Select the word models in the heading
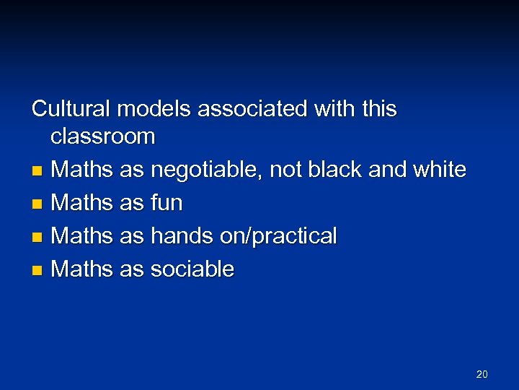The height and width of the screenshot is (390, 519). tap(154, 109)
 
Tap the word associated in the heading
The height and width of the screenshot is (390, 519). tap(252, 109)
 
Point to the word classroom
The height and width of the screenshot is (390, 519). tap(103, 136)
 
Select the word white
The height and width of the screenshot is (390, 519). tap(438, 170)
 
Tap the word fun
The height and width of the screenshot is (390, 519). tap(166, 203)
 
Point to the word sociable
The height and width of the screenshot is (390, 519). tap(192, 269)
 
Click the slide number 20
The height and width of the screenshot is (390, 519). tap(482, 374)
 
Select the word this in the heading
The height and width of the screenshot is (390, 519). tap(379, 109)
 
